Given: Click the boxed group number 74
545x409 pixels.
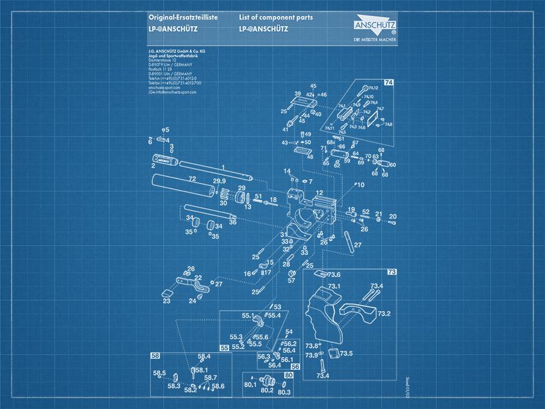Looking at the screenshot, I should pos(389,81).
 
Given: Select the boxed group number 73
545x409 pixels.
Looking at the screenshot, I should pos(392,271).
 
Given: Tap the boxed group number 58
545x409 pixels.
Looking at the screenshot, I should pos(155,355).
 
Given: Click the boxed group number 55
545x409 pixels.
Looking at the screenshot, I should pos(224,348).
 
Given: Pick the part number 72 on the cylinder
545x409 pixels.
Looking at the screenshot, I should pos(192,179).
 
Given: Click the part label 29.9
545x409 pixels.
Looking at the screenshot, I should pos(219,181).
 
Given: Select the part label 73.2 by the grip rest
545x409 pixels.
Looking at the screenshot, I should pos(384,314).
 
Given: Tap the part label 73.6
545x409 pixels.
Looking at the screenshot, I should pos(334,275).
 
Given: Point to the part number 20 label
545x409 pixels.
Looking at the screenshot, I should pos(393,216).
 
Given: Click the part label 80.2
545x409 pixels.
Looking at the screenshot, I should pos(267,389).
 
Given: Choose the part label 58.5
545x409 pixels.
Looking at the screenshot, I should pos(159,372).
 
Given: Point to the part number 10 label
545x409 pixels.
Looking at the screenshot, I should pos(360,184).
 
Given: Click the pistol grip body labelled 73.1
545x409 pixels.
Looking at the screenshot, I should pos(324,312).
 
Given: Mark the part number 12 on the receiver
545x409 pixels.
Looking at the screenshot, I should pos(319,193).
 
